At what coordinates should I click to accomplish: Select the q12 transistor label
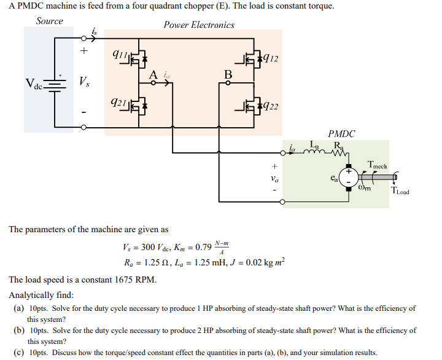(x=269, y=59)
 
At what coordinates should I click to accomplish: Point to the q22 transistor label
(x=269, y=106)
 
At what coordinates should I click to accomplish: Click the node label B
(x=228, y=75)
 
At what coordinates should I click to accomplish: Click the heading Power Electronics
(x=199, y=25)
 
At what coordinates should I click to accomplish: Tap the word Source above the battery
(x=49, y=21)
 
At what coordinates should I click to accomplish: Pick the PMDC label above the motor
(x=341, y=133)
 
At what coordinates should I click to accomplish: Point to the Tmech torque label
(x=376, y=165)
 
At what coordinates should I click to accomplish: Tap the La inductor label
(x=315, y=146)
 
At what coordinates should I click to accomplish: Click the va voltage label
(x=274, y=179)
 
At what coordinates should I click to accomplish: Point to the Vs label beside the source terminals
(x=84, y=82)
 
